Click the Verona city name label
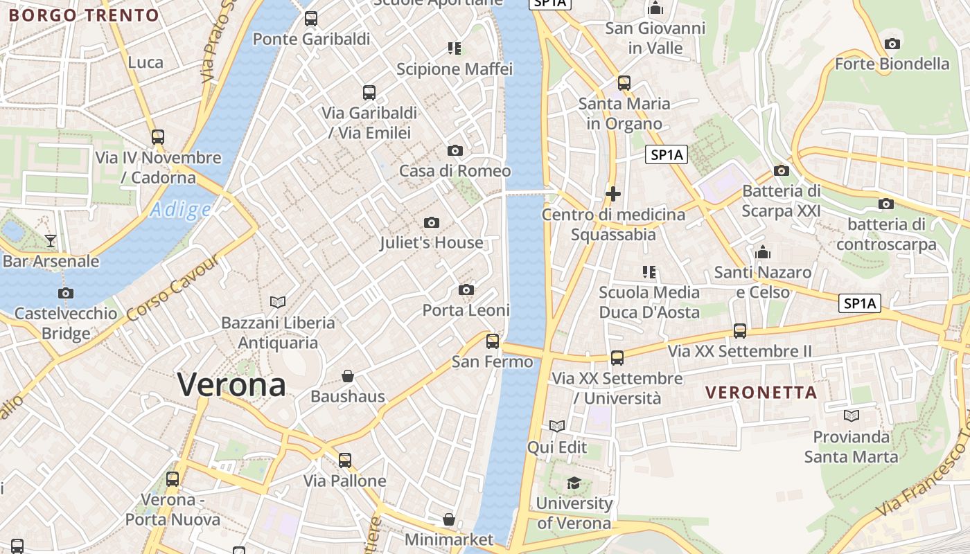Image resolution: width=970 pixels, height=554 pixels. pos(231,385)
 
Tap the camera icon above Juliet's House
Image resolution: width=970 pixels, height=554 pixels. pos(432,222)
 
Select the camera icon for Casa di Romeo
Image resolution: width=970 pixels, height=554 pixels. pos(455,150)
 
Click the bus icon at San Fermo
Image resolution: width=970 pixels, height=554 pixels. pos(493,341)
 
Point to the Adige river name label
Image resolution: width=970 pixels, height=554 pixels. pos(181,209)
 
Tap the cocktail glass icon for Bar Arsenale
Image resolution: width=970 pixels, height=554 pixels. pos(51,241)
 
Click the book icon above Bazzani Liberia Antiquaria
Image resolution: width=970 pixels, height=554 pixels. pos(278,302)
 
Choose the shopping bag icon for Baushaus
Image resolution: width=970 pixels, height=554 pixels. pos(348,376)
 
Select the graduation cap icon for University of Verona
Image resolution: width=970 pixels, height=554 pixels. pos(574,483)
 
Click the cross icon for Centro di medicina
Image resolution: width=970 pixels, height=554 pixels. pos(613,194)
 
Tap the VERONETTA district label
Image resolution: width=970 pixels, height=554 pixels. pos(761,393)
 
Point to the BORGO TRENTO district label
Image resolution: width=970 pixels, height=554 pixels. pos(84,15)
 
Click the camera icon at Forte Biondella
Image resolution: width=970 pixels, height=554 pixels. pos(892,44)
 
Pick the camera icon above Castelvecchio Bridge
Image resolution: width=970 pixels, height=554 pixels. pos(66,293)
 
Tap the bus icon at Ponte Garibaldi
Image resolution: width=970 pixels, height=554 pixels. pos(311,19)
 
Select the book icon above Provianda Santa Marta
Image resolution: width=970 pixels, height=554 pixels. pos(852,415)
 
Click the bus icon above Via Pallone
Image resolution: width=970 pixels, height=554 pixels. pos(344,460)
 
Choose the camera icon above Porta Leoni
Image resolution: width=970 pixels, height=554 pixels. pos(466,289)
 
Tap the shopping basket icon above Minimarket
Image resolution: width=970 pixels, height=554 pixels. pos(449,519)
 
